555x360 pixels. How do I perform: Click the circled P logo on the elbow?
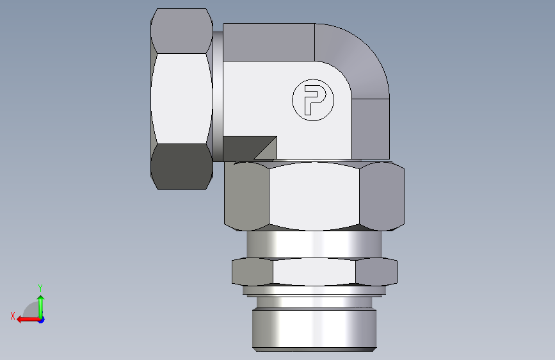[313, 100]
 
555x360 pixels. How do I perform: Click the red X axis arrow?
[28, 320]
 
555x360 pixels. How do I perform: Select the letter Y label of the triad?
[40, 288]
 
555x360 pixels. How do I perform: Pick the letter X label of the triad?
[13, 316]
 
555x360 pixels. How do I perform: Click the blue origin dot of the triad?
[42, 320]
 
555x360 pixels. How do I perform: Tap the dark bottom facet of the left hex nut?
[182, 166]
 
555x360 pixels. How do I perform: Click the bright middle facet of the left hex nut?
[182, 99]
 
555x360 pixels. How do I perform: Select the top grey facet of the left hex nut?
[182, 31]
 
